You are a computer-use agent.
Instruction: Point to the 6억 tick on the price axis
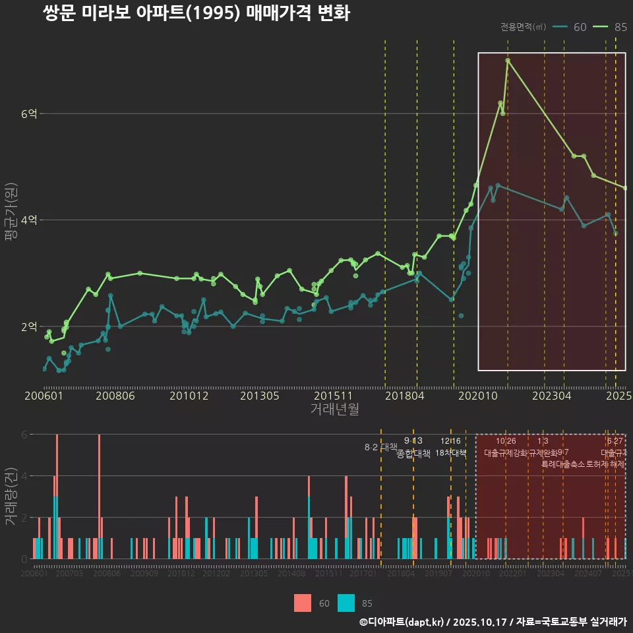click(29, 114)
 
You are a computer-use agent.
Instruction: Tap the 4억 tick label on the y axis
click(29, 220)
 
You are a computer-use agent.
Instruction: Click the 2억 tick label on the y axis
click(29, 327)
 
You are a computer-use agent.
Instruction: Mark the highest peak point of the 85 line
click(508, 61)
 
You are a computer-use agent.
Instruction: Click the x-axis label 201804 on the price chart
click(404, 396)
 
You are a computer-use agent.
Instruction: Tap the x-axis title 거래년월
click(334, 409)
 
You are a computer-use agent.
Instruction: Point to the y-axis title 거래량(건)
click(11, 497)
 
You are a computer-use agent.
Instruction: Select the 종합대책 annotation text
click(413, 454)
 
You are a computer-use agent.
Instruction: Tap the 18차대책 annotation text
click(451, 453)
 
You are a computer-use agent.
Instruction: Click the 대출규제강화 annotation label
click(506, 453)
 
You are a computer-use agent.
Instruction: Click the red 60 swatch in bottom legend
click(303, 603)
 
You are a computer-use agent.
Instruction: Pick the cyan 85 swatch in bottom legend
click(346, 603)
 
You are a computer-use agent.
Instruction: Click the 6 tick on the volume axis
click(24, 435)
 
